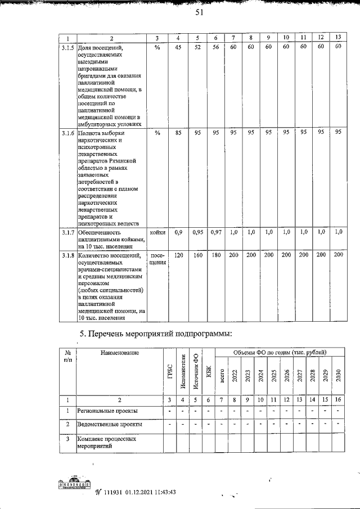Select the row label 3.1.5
(67, 47)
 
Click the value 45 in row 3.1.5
(178, 47)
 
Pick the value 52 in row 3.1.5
(197, 47)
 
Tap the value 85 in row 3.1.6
(178, 133)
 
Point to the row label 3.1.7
(67, 232)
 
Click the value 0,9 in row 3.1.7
(178, 232)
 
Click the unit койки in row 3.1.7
(157, 232)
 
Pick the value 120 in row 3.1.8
(178, 255)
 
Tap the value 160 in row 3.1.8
(197, 255)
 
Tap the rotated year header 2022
(235, 375)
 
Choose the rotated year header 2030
(338, 375)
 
